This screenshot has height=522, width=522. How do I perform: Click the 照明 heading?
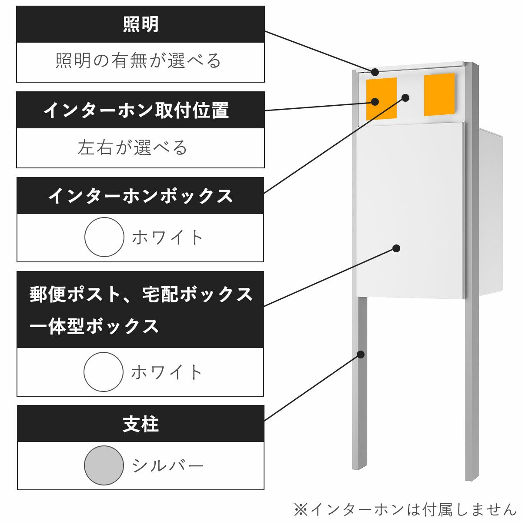coord(141,24)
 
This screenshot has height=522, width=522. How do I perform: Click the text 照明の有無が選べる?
coord(139,61)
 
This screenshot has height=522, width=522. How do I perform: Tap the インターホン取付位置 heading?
coord(136,110)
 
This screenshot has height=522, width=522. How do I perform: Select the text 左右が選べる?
coord(133,148)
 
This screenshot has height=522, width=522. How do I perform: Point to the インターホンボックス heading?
coord(141,196)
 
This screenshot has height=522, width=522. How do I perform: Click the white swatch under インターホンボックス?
coord(104,237)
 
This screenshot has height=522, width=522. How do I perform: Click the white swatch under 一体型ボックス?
coord(104,372)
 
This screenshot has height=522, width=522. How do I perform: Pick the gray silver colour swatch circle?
coord(104,465)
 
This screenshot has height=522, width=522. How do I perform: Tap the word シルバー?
coord(167,466)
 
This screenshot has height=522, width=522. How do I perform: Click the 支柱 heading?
coord(141,424)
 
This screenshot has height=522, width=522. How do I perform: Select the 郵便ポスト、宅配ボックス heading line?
coord(141,294)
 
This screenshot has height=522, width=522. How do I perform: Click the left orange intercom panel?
coord(381,99)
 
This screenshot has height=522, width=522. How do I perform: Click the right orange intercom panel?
coord(439,94)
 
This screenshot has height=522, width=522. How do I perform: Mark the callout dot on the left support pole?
coord(360,354)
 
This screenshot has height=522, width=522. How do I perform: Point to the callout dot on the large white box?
coord(396,248)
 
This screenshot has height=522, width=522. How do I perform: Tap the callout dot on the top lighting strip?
coord(375,72)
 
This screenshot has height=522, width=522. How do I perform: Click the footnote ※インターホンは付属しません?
coord(405,509)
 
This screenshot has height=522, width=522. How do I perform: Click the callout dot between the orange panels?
coord(405,97)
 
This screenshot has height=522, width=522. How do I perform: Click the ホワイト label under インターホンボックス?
coord(167,238)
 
